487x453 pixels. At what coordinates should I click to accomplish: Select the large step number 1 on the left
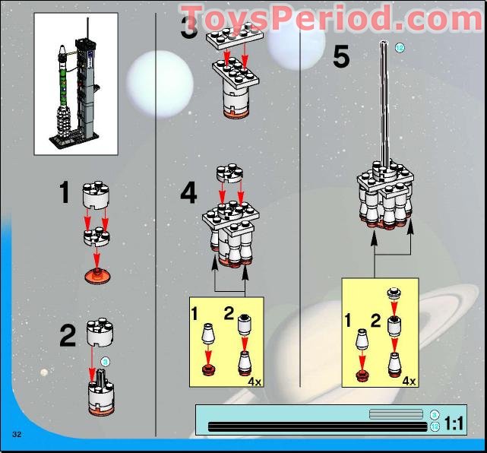pyautogui.click(x=65, y=193)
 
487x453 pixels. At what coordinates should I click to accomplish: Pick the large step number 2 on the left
pyautogui.click(x=68, y=335)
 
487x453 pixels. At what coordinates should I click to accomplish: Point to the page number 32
pyautogui.click(x=16, y=433)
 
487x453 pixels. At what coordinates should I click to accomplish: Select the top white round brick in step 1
pyautogui.click(x=97, y=193)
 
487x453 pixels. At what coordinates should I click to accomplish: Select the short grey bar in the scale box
pyautogui.click(x=395, y=413)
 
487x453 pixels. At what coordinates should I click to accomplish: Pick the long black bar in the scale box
pyautogui.click(x=318, y=427)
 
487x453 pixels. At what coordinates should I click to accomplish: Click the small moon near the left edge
pyautogui.click(x=45, y=372)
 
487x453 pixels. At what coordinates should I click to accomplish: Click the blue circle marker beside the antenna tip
pyautogui.click(x=400, y=47)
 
